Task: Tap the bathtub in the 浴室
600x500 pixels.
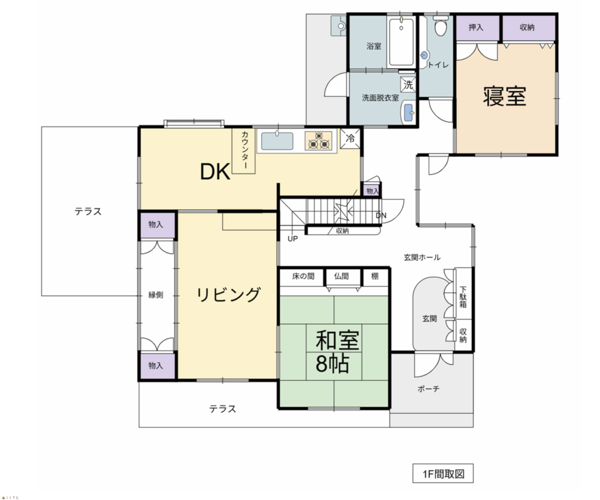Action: point(401,42)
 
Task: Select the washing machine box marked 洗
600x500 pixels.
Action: point(408,84)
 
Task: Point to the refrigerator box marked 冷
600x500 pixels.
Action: point(350,139)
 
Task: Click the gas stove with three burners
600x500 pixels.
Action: point(318,141)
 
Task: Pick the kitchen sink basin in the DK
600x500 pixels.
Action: point(277,141)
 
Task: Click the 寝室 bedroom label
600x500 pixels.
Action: point(504,96)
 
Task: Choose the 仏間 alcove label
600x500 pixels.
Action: point(342,276)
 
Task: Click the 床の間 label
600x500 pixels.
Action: point(303,276)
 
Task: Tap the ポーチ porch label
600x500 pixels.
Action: point(428,389)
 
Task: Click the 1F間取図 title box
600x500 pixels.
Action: point(443,474)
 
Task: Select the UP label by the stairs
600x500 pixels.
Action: point(293,239)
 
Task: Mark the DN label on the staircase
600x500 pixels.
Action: point(381,215)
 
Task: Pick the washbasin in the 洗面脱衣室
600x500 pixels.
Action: point(408,113)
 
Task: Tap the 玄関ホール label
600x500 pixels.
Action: point(422,257)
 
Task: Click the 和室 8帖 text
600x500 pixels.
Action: point(337,351)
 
